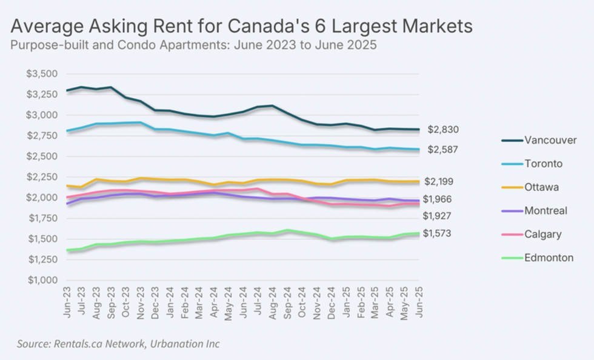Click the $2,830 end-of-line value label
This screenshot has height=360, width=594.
(443, 130)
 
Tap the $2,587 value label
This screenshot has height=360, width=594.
(443, 150)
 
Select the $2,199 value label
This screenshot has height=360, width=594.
(438, 181)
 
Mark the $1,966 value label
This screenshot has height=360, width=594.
(437, 199)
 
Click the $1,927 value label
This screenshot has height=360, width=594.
(437, 216)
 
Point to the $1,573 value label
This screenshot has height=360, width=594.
(437, 233)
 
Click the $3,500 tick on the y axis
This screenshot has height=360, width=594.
(42, 74)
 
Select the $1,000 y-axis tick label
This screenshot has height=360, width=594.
(42, 281)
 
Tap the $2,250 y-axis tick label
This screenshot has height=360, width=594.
(42, 177)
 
